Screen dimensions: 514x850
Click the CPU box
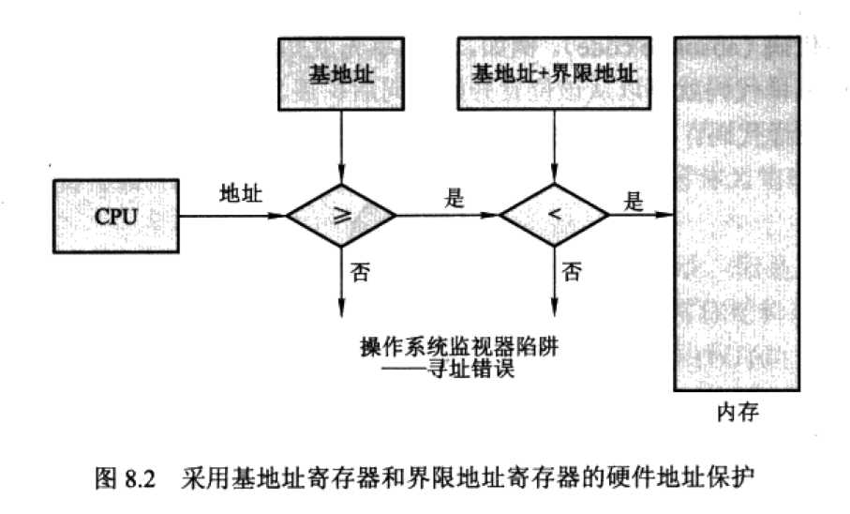tap(116, 217)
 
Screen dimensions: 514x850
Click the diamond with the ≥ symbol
tap(341, 216)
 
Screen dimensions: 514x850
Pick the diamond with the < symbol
tap(554, 216)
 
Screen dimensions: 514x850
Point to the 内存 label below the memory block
tap(739, 412)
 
